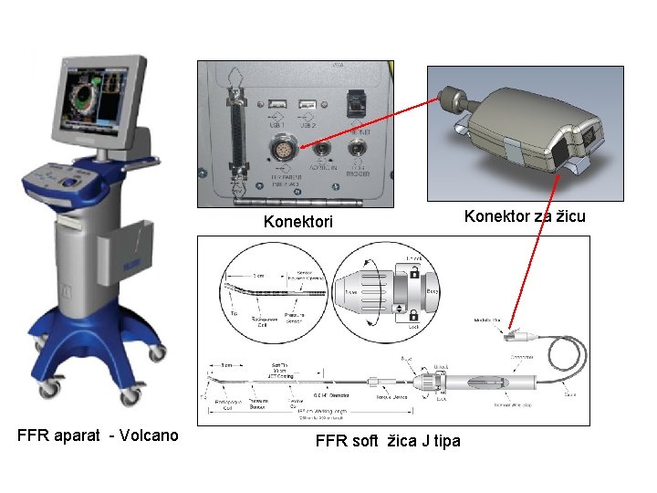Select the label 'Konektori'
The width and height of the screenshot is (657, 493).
pos(298,222)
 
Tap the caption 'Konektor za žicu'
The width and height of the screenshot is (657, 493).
pos(525,216)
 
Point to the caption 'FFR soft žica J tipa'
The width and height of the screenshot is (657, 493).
pos(387,442)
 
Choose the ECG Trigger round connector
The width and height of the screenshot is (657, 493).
pos(359,146)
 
